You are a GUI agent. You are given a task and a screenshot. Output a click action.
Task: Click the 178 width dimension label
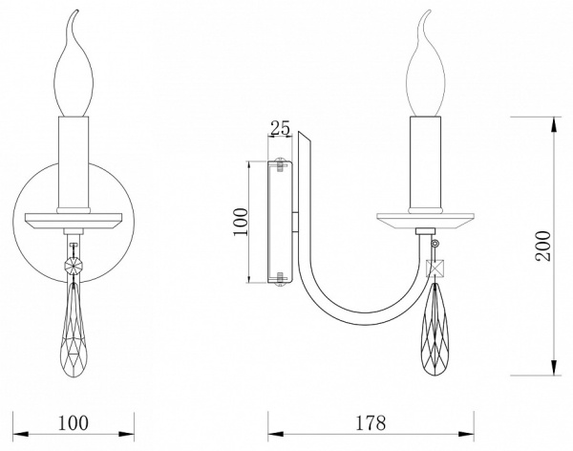(x=371, y=423)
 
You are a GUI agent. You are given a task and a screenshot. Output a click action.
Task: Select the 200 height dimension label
(x=543, y=246)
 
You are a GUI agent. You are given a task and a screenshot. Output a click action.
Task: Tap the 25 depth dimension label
(x=280, y=128)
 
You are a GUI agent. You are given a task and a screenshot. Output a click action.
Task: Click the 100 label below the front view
(x=74, y=423)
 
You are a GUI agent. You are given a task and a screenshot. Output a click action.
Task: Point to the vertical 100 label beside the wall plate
(x=241, y=222)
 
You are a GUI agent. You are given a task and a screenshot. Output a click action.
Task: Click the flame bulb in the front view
(x=74, y=63)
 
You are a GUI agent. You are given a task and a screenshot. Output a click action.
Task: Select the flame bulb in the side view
(x=426, y=63)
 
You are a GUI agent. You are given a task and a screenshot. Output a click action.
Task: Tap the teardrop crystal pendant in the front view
(x=74, y=329)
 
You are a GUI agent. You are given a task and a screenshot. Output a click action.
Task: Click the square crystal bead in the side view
(x=435, y=268)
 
